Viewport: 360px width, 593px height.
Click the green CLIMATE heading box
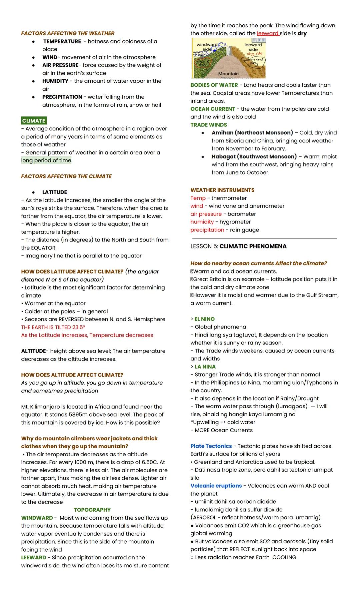(34, 121)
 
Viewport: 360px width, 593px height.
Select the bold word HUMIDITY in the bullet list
(55, 81)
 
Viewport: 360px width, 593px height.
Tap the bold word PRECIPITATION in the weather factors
(62, 97)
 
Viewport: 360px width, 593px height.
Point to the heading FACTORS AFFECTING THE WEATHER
(68, 33)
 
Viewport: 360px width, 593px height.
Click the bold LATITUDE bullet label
(54, 192)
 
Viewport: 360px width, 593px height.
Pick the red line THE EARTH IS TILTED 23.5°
(53, 327)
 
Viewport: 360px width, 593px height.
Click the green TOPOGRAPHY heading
(92, 510)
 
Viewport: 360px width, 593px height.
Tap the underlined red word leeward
(268, 33)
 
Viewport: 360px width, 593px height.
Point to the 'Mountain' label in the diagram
(228, 74)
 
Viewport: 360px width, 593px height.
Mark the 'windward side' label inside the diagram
(207, 47)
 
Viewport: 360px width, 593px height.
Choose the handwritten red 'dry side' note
(254, 54)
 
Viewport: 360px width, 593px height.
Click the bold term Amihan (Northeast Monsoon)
(252, 133)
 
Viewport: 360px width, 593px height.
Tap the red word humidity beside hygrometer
(202, 222)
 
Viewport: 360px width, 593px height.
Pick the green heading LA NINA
(205, 367)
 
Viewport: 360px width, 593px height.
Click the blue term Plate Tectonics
(211, 446)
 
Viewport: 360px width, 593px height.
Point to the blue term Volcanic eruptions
(216, 486)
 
